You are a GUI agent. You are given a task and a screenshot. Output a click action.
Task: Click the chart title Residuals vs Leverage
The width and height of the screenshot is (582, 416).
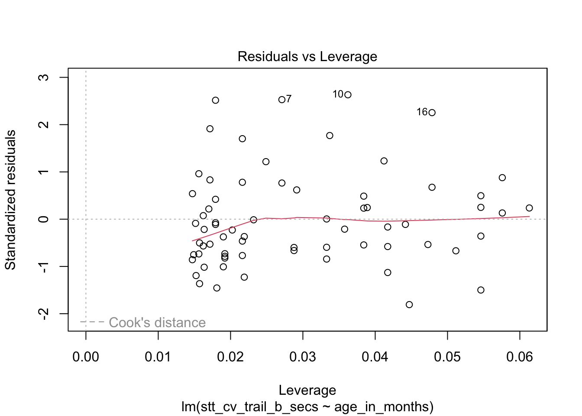pyautogui.click(x=307, y=57)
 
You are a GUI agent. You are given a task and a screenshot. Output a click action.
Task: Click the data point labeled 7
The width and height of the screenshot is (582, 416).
pyautogui.click(x=282, y=100)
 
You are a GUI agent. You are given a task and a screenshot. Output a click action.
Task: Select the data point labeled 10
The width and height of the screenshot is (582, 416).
pyautogui.click(x=348, y=95)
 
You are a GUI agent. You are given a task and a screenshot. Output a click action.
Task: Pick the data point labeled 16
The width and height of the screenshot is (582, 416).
pyautogui.click(x=432, y=113)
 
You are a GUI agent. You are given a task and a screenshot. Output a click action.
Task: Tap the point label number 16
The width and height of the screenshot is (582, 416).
pyautogui.click(x=422, y=112)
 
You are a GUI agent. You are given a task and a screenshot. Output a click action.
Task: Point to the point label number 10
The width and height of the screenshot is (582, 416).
pyautogui.click(x=338, y=94)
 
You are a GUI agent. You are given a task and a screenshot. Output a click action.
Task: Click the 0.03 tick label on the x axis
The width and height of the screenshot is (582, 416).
pyautogui.click(x=303, y=357)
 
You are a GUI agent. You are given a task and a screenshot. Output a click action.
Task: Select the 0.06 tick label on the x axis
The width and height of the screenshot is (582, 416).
pyautogui.click(x=520, y=357)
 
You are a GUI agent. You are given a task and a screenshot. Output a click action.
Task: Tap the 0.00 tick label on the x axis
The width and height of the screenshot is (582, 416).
pyautogui.click(x=86, y=357)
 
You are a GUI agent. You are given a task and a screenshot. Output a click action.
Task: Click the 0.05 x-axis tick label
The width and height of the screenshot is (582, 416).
pyautogui.click(x=447, y=357)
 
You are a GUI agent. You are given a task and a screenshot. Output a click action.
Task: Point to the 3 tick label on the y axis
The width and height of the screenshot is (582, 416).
pyautogui.click(x=44, y=78)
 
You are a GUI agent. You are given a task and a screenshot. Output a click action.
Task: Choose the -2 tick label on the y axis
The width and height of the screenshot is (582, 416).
pyautogui.click(x=44, y=314)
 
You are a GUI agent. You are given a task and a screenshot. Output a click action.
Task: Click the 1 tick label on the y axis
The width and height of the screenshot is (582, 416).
pyautogui.click(x=44, y=172)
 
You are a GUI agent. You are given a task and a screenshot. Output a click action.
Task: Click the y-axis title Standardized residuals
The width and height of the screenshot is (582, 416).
pyautogui.click(x=10, y=200)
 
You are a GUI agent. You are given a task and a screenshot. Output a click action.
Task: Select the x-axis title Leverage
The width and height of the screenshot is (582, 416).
pyautogui.click(x=307, y=390)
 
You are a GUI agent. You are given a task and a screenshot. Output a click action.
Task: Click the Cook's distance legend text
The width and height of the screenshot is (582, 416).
pyautogui.click(x=157, y=322)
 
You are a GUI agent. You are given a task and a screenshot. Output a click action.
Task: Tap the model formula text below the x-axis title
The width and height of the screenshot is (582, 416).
pyautogui.click(x=307, y=407)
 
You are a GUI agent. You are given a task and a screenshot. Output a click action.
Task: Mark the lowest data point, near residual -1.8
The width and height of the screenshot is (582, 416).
pyautogui.click(x=409, y=305)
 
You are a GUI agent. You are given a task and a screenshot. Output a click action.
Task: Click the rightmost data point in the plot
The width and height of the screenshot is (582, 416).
pyautogui.click(x=529, y=208)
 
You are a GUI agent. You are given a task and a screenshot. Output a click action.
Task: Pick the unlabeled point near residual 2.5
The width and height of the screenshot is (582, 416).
pyautogui.click(x=215, y=101)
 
